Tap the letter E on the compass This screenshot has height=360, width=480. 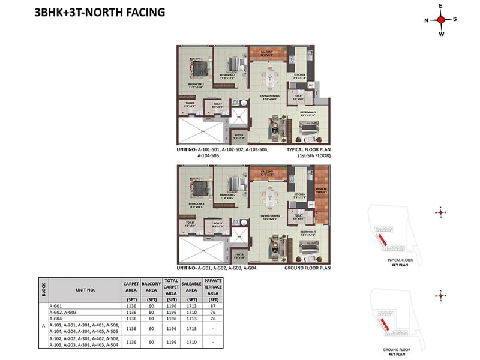441,5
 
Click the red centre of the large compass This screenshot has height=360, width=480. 441,20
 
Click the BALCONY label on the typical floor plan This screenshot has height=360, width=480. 266,53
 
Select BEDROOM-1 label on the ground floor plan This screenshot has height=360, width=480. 307,231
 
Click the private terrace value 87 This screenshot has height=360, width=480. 213,306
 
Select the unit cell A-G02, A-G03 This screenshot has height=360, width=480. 62,313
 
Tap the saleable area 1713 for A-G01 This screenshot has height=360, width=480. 191,306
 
